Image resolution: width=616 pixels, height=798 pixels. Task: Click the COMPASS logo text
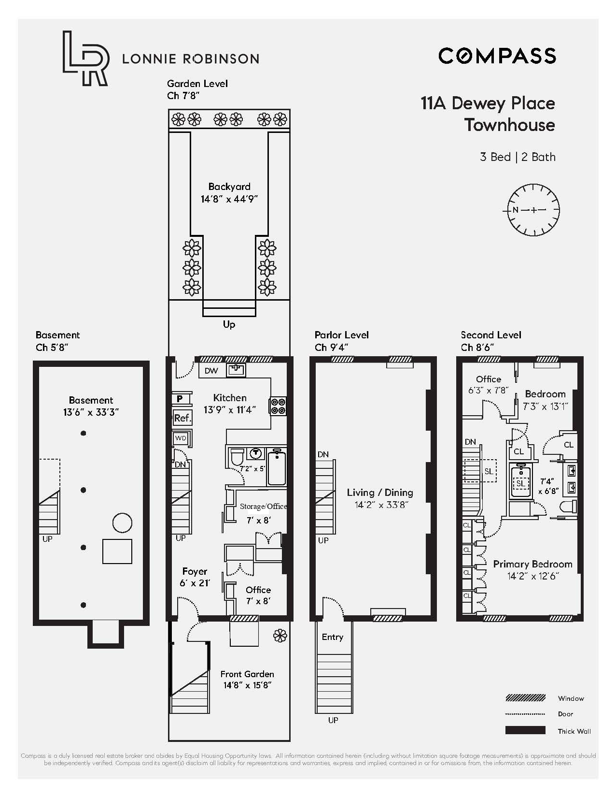click(497, 56)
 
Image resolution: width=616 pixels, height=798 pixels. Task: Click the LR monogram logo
click(84, 58)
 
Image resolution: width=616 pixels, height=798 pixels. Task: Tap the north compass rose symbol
click(533, 210)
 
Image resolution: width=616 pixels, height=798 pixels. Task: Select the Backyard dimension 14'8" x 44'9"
click(229, 199)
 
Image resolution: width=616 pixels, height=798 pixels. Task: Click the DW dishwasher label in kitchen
click(211, 371)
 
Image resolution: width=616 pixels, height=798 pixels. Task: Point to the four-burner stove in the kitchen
click(278, 406)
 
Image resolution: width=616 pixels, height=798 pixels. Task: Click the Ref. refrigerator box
click(182, 418)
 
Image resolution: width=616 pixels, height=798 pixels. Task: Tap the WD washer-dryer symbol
click(181, 438)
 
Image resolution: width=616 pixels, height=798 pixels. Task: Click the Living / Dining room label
click(379, 493)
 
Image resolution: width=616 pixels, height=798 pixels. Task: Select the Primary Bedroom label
click(532, 564)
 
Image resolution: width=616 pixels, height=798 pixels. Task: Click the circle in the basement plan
click(122, 522)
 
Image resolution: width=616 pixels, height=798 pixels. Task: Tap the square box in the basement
click(117, 551)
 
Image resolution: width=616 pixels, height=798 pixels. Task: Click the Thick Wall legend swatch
click(525, 730)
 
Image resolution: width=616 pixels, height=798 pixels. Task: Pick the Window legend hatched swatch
click(525, 698)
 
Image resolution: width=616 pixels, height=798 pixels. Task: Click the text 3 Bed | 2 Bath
click(517, 157)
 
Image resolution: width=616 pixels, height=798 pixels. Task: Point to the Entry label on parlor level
click(332, 637)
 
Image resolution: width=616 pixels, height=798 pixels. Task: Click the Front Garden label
click(247, 674)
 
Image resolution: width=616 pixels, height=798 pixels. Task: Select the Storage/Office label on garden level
click(263, 507)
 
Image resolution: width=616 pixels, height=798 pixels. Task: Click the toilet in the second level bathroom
click(569, 507)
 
